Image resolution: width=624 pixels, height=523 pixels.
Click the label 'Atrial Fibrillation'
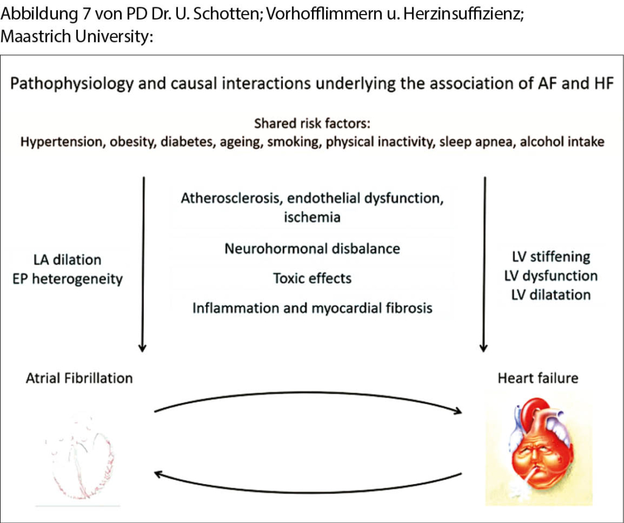click(x=79, y=378)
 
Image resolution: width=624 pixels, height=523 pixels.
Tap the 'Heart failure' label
click(x=537, y=378)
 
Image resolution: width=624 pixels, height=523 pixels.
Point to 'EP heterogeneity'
click(x=68, y=279)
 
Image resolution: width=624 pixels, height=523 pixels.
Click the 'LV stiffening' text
click(x=551, y=257)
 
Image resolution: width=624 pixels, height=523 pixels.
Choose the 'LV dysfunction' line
click(x=551, y=276)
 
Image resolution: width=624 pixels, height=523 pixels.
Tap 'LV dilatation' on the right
click(x=551, y=295)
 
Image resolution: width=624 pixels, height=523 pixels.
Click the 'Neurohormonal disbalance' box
click(x=312, y=249)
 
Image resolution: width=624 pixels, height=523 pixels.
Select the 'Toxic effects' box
click(x=312, y=279)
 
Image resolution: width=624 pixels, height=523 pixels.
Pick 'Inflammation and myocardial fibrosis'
click(x=312, y=308)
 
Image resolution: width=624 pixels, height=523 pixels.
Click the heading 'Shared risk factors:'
click(x=312, y=124)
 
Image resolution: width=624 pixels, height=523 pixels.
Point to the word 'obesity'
click(x=132, y=142)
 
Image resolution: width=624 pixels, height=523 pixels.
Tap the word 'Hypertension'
click(x=62, y=142)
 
